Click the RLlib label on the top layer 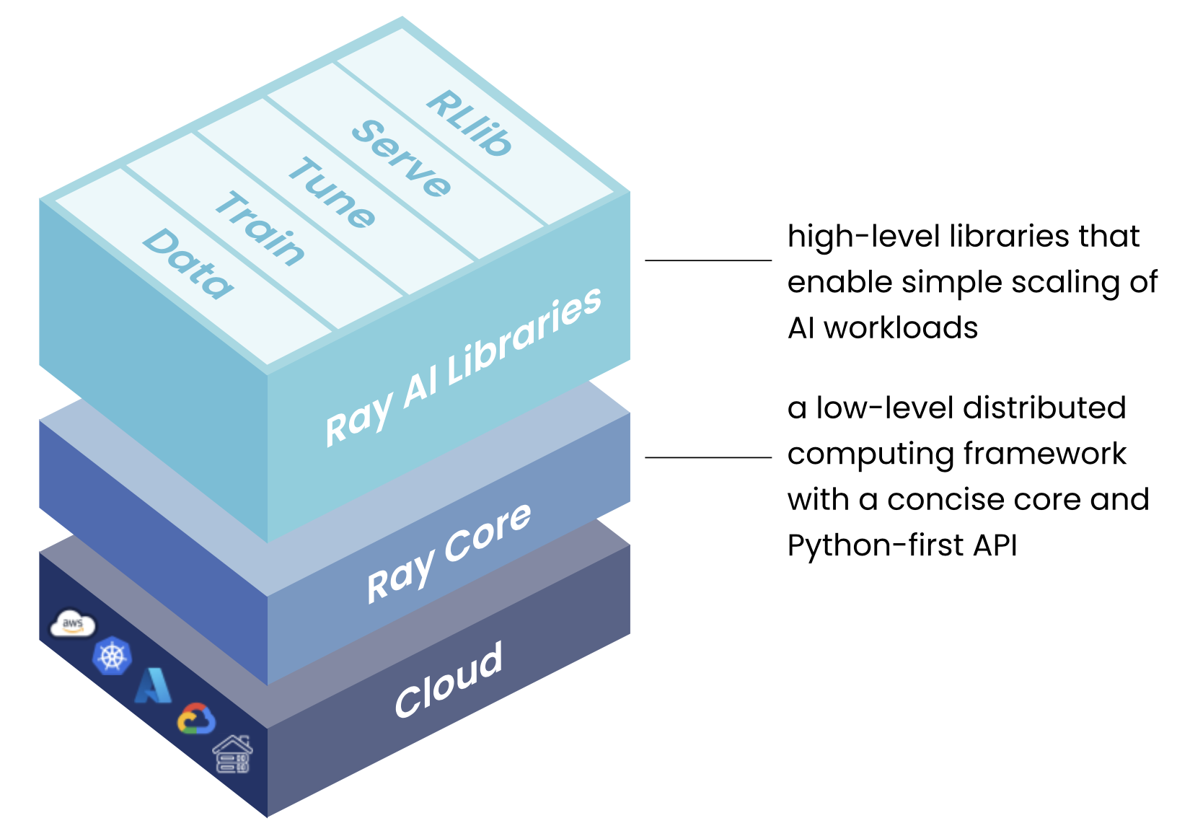469,123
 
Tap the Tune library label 332,193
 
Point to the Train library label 260,229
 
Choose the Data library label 188,263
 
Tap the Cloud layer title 448,680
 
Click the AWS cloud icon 72,624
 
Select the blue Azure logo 154,686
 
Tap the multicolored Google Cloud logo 196,719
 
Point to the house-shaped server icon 232,755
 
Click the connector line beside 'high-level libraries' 708,260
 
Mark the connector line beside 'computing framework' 708,457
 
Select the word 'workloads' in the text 901,328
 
